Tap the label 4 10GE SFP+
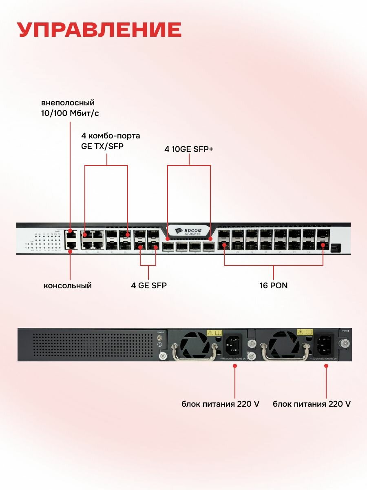pos(189,149)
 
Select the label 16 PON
pos(273,285)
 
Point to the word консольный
pos(68,285)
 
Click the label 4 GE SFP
pos(148,285)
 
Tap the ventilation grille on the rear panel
pos(93,345)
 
